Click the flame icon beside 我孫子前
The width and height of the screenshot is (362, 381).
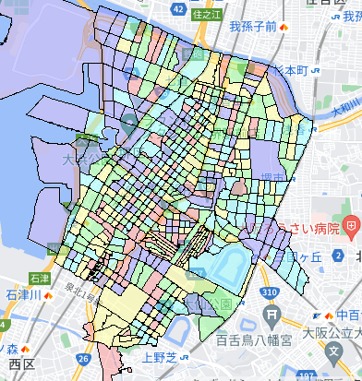[x=284, y=27]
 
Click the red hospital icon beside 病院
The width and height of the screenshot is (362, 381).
[x=351, y=225]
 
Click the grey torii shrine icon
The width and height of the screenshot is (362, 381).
[x=273, y=315]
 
